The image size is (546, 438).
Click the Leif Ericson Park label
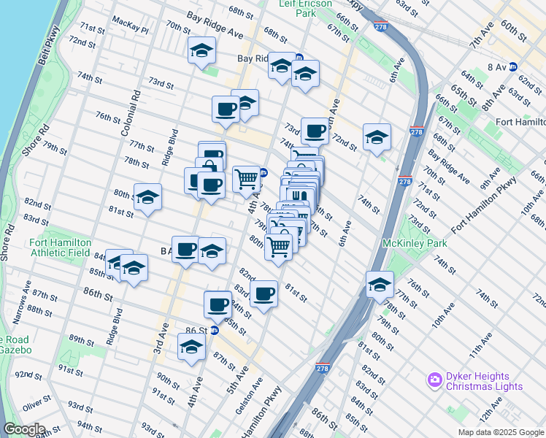point(305,8)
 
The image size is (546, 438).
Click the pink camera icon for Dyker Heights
point(434,379)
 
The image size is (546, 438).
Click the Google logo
point(24,429)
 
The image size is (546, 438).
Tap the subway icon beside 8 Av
point(512,66)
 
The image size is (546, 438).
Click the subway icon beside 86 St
point(215,330)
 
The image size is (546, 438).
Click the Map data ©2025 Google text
point(501,432)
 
